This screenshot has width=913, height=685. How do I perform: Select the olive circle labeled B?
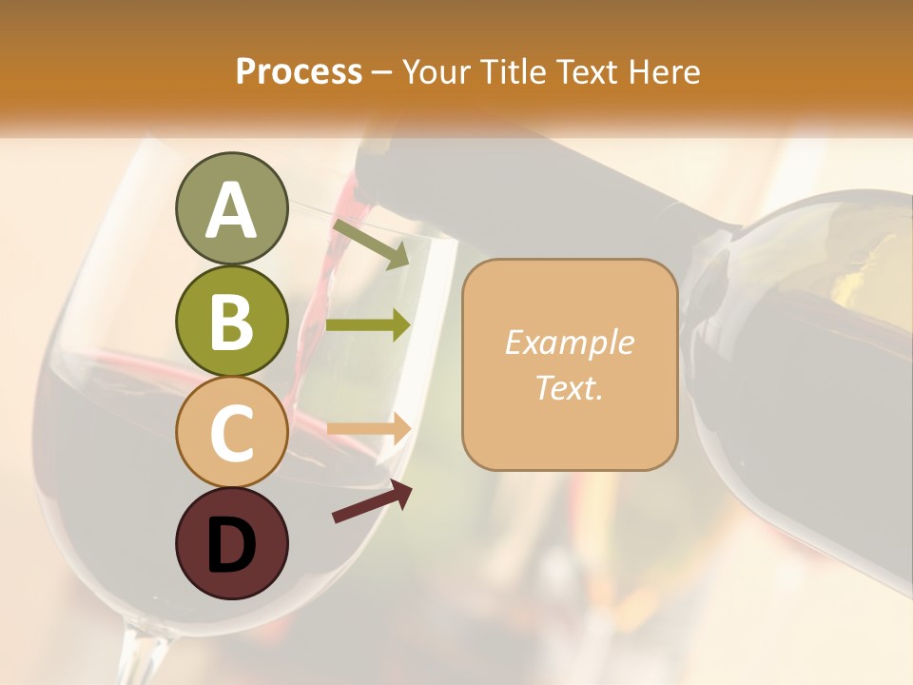tap(231, 322)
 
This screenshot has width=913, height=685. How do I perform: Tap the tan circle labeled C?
tap(231, 432)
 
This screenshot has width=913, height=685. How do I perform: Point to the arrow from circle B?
tap(368, 325)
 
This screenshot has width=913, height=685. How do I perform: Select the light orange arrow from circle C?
tap(369, 429)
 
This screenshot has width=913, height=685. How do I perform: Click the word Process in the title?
tap(299, 71)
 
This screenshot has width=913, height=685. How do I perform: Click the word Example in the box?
tap(569, 342)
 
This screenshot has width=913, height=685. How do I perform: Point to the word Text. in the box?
tap(569, 387)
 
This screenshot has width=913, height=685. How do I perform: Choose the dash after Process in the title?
tap(382, 73)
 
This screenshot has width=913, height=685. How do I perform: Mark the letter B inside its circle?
tap(231, 322)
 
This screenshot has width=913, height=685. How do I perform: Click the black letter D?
tap(231, 544)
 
